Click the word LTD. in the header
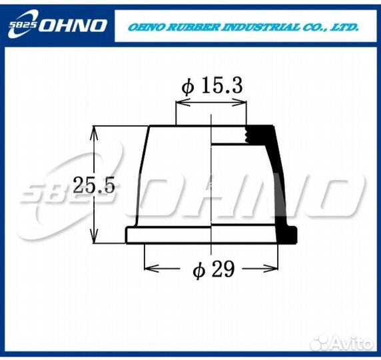pyautogui.click(x=344, y=27)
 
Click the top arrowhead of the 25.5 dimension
pyautogui.click(x=95, y=131)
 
